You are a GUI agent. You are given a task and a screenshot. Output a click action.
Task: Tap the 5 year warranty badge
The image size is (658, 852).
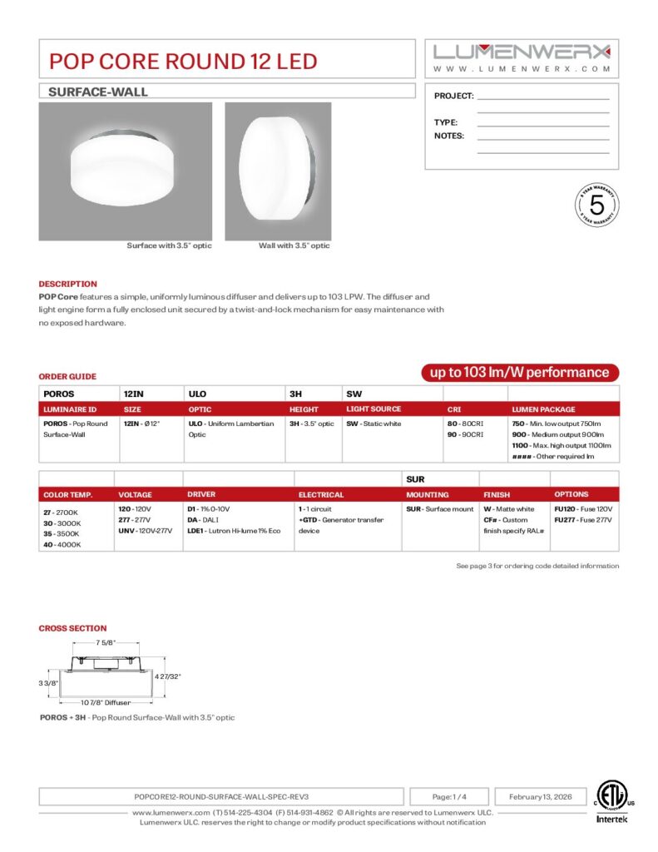pos(596,204)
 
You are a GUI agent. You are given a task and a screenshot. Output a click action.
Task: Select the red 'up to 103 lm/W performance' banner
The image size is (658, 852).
pos(519,373)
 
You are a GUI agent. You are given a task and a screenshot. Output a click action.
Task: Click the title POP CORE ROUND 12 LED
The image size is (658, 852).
pos(183,61)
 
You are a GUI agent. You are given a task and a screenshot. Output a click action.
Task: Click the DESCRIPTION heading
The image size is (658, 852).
pos(67,284)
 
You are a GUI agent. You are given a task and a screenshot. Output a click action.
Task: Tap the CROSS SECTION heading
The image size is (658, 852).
pos(72,628)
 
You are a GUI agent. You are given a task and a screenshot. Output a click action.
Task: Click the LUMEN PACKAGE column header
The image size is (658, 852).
pos(543,409)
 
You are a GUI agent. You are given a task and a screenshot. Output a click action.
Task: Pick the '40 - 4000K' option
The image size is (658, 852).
pos(62,544)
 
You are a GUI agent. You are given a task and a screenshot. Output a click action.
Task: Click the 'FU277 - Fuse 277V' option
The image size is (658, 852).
pos(582,520)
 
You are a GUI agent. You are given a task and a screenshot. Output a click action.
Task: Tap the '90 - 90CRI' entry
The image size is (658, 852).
pos(466,435)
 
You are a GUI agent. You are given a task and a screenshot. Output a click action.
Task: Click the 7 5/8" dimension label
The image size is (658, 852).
pos(106,642)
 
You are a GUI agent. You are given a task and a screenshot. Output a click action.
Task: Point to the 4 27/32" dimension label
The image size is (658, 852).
pos(168,676)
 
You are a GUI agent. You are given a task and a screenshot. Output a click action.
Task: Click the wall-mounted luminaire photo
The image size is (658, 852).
pos(278,171)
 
